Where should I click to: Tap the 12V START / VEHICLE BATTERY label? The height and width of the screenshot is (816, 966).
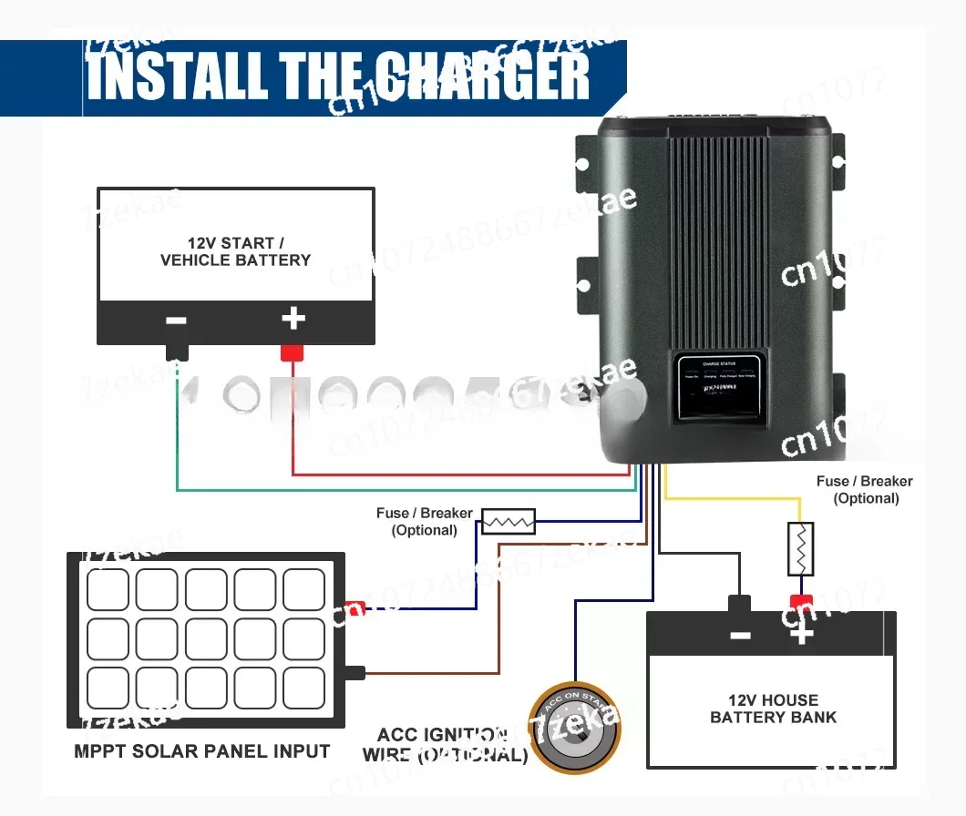pos(235,251)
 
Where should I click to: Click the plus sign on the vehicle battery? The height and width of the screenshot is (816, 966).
pos(293,319)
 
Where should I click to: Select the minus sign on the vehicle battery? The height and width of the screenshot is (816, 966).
pos(177,321)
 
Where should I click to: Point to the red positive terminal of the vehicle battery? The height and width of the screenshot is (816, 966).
pos(292,352)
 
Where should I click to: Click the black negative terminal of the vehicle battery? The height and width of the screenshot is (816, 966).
pos(177,351)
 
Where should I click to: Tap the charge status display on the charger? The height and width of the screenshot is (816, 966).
pos(719,387)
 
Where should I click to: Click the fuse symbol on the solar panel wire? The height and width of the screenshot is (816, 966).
pos(508,521)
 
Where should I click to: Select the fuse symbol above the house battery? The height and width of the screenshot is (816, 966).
pos(800,548)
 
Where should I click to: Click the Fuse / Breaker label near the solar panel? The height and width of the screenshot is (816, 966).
pos(424,521)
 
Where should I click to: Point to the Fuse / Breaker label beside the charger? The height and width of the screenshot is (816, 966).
pos(864,489)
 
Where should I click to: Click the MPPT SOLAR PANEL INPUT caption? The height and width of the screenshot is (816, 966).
pos(202,751)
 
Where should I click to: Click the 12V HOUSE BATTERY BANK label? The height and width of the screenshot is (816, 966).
pos(773,709)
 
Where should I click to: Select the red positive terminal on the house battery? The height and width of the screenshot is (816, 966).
pos(801,603)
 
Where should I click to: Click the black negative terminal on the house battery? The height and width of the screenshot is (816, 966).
pos(739,604)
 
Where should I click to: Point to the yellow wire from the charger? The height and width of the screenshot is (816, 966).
pos(729,497)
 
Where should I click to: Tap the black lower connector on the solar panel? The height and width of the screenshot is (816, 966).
pos(355,673)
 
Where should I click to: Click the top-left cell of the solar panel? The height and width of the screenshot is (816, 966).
pos(108,589)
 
